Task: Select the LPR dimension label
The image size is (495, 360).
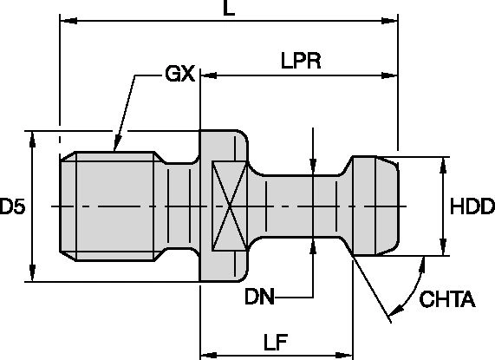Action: pyautogui.click(x=302, y=62)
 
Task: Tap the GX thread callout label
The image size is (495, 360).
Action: pyautogui.click(x=179, y=75)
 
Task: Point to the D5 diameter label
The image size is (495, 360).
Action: pyautogui.click(x=12, y=206)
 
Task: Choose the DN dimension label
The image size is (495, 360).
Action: pyautogui.click(x=260, y=298)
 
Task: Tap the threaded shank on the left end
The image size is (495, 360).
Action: pyautogui.click(x=108, y=206)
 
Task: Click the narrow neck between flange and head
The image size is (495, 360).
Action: pyautogui.click(x=299, y=206)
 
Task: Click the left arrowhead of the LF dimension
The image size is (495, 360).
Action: pyautogui.click(x=206, y=354)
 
